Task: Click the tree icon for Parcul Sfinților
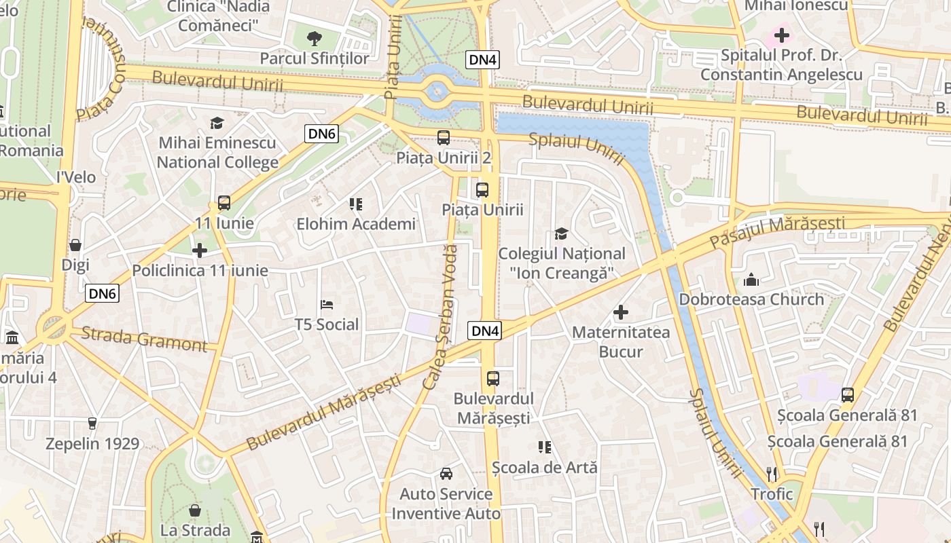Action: click(x=314, y=38)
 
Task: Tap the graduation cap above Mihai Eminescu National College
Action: click(x=217, y=123)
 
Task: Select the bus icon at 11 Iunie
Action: click(x=224, y=202)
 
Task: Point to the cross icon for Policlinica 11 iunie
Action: click(x=200, y=250)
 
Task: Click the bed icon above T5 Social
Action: click(x=327, y=304)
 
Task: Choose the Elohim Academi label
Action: click(x=355, y=223)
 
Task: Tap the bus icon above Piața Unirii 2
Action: click(x=444, y=138)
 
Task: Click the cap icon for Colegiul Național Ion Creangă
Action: click(x=561, y=233)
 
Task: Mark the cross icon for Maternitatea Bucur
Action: click(x=621, y=312)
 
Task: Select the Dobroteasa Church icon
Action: click(x=751, y=279)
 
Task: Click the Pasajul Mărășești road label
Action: click(x=777, y=232)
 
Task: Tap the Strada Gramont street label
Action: click(x=144, y=338)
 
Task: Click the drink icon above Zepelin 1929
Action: click(x=92, y=424)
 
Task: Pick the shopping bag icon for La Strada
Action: click(x=195, y=510)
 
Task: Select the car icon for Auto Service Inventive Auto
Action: click(x=446, y=474)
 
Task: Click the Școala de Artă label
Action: click(x=545, y=467)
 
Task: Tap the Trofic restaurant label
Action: click(x=772, y=493)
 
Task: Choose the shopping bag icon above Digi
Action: click(x=75, y=245)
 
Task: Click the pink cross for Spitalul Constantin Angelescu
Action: click(x=782, y=35)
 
